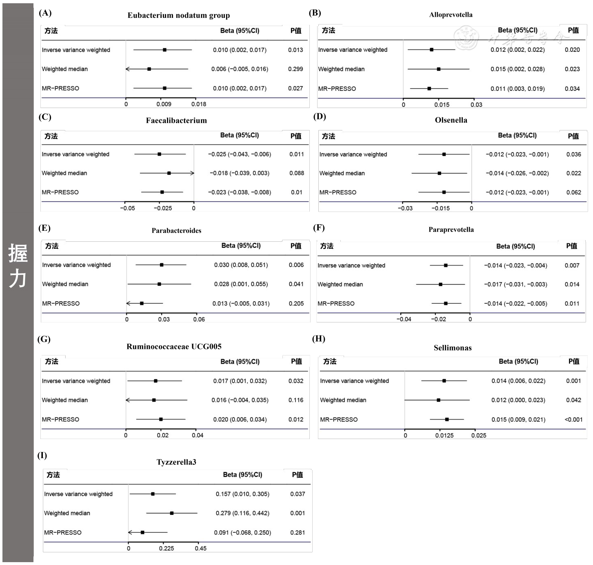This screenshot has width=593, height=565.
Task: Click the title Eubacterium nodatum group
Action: pyautogui.click(x=178, y=15)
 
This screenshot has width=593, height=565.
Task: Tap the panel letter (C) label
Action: pyautogui.click(x=44, y=117)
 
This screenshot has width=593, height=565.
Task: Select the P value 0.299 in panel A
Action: pyautogui.click(x=295, y=69)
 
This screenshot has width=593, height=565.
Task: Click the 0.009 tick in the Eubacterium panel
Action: pyautogui.click(x=164, y=104)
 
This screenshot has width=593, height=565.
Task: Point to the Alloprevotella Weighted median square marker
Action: pyautogui.click(x=438, y=69)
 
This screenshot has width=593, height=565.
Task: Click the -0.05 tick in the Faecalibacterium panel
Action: pyautogui.click(x=127, y=208)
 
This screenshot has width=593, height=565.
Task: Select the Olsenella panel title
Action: pyautogui.click(x=451, y=120)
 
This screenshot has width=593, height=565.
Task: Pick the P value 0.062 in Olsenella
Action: pyautogui.click(x=573, y=192)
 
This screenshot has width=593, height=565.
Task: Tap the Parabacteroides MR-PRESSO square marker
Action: pyautogui.click(x=142, y=303)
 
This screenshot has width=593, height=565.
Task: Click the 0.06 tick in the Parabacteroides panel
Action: pyautogui.click(x=199, y=319)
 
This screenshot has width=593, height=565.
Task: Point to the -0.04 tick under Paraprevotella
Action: pyautogui.click(x=404, y=319)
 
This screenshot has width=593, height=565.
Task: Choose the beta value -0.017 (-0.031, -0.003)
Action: pyautogui.click(x=515, y=285)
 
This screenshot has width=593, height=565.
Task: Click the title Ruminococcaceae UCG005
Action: pyautogui.click(x=174, y=347)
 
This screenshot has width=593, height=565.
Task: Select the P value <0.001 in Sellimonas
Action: pyautogui.click(x=573, y=419)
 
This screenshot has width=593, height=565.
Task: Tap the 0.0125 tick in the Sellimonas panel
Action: pyautogui.click(x=444, y=435)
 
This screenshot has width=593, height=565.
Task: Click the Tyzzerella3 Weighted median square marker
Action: pyautogui.click(x=172, y=513)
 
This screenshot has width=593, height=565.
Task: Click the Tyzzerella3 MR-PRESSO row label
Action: pyautogui.click(x=63, y=532)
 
